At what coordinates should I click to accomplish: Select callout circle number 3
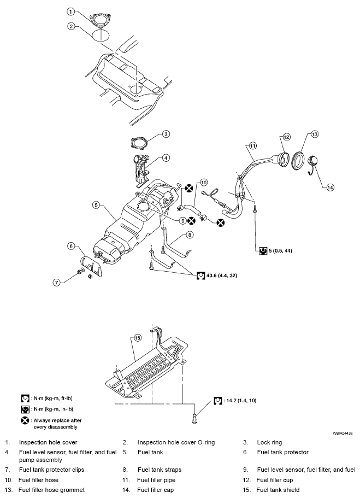166,133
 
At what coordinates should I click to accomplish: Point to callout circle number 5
96,205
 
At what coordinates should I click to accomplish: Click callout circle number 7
56,283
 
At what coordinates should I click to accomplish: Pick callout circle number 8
190,235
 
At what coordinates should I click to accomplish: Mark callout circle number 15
138,338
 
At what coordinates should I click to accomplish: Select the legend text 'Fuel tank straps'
160,469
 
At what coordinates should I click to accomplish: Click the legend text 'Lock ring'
269,442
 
